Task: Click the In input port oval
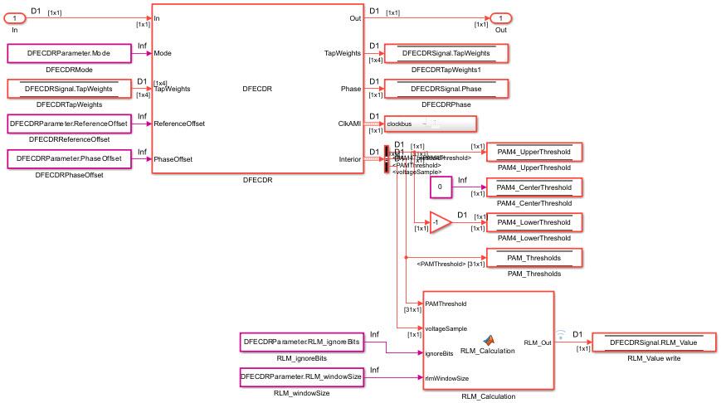(x=17, y=17)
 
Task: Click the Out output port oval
(x=500, y=17)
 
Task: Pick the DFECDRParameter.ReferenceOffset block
(x=67, y=124)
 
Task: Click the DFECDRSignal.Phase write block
(x=446, y=89)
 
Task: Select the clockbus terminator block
(x=430, y=124)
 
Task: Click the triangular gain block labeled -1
(x=439, y=222)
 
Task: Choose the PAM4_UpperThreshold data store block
(x=534, y=153)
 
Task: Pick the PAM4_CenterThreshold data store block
(x=534, y=187)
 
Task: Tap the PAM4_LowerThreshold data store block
(x=534, y=222)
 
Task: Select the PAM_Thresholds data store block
(x=534, y=257)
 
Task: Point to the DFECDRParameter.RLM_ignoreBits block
(x=301, y=342)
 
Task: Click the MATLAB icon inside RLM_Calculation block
(x=489, y=339)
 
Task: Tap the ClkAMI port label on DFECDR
(x=348, y=124)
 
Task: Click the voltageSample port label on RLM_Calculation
(x=446, y=328)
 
